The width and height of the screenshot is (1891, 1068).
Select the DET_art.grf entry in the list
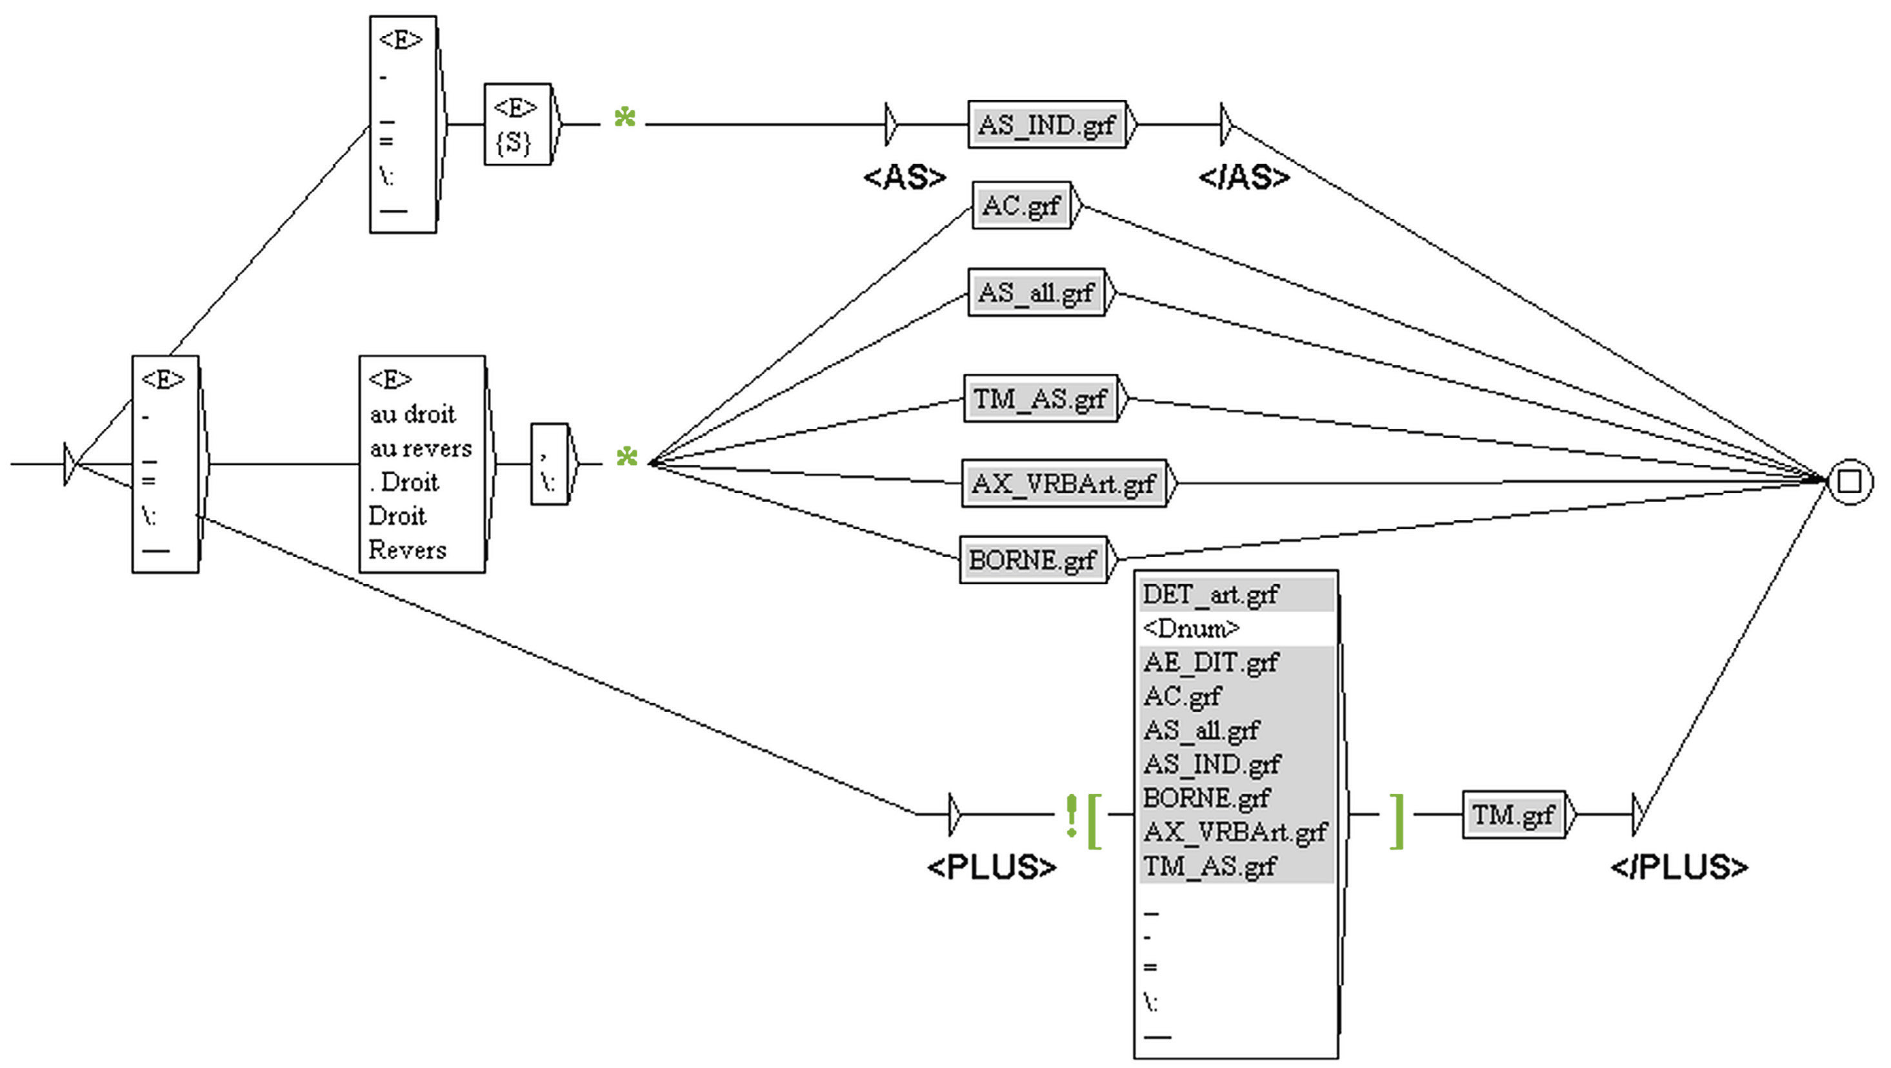(x=1210, y=594)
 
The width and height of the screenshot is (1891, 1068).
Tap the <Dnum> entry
(x=1191, y=629)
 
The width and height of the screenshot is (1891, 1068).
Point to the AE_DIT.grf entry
(x=1210, y=662)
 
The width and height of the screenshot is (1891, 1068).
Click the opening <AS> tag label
(x=905, y=177)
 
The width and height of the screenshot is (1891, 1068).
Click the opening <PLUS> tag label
(x=991, y=867)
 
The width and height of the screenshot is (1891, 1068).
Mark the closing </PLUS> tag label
(x=1679, y=867)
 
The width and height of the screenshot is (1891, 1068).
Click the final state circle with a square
(x=1849, y=481)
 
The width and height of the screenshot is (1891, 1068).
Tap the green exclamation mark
(x=1072, y=816)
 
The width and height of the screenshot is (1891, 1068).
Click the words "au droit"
(x=412, y=415)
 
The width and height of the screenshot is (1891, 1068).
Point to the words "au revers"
(x=421, y=448)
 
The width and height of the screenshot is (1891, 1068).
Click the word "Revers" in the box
(x=407, y=550)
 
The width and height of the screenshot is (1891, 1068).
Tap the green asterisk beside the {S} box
(x=625, y=117)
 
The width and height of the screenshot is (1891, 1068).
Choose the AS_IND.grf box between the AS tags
(x=1046, y=125)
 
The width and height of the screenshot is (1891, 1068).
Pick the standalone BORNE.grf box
(x=1032, y=560)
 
